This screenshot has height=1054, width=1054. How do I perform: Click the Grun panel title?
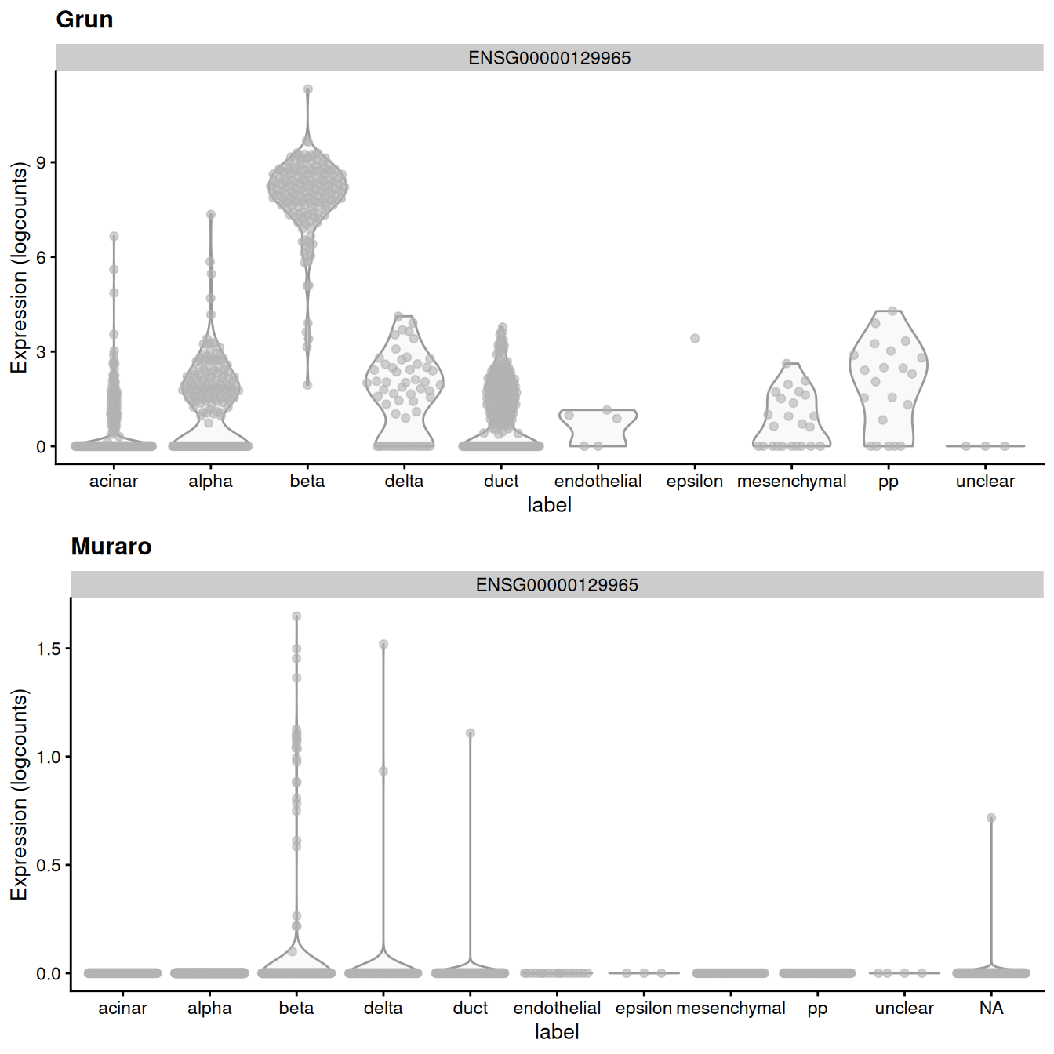pos(85,20)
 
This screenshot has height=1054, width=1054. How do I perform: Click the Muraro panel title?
pos(111,547)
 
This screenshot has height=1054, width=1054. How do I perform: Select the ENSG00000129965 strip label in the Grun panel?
pos(549,58)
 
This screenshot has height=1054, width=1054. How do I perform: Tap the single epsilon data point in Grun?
pos(695,339)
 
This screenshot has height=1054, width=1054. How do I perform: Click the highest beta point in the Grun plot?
pos(308,89)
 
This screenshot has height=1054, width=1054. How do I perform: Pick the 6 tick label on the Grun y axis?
pos(42,257)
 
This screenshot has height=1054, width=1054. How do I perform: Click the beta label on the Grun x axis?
pos(307,481)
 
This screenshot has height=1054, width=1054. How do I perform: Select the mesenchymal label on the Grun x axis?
pos(791,481)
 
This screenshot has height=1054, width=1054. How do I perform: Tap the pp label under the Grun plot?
pos(888,482)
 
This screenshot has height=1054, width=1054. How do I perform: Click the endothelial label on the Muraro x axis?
pos(557,1008)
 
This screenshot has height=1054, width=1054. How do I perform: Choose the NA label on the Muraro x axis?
pos(991,1008)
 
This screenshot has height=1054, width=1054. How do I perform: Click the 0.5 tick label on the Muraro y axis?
pos(49,865)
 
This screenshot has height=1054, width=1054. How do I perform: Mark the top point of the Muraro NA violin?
pos(991,818)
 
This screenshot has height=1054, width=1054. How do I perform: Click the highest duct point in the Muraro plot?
pos(471,733)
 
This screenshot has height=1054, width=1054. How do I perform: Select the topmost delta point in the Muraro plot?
pos(383,645)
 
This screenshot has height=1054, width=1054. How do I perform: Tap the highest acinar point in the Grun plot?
pos(114,236)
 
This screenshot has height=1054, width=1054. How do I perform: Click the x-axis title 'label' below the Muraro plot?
pos(557,1032)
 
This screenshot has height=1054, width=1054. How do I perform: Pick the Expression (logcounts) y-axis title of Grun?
pos(19,267)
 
